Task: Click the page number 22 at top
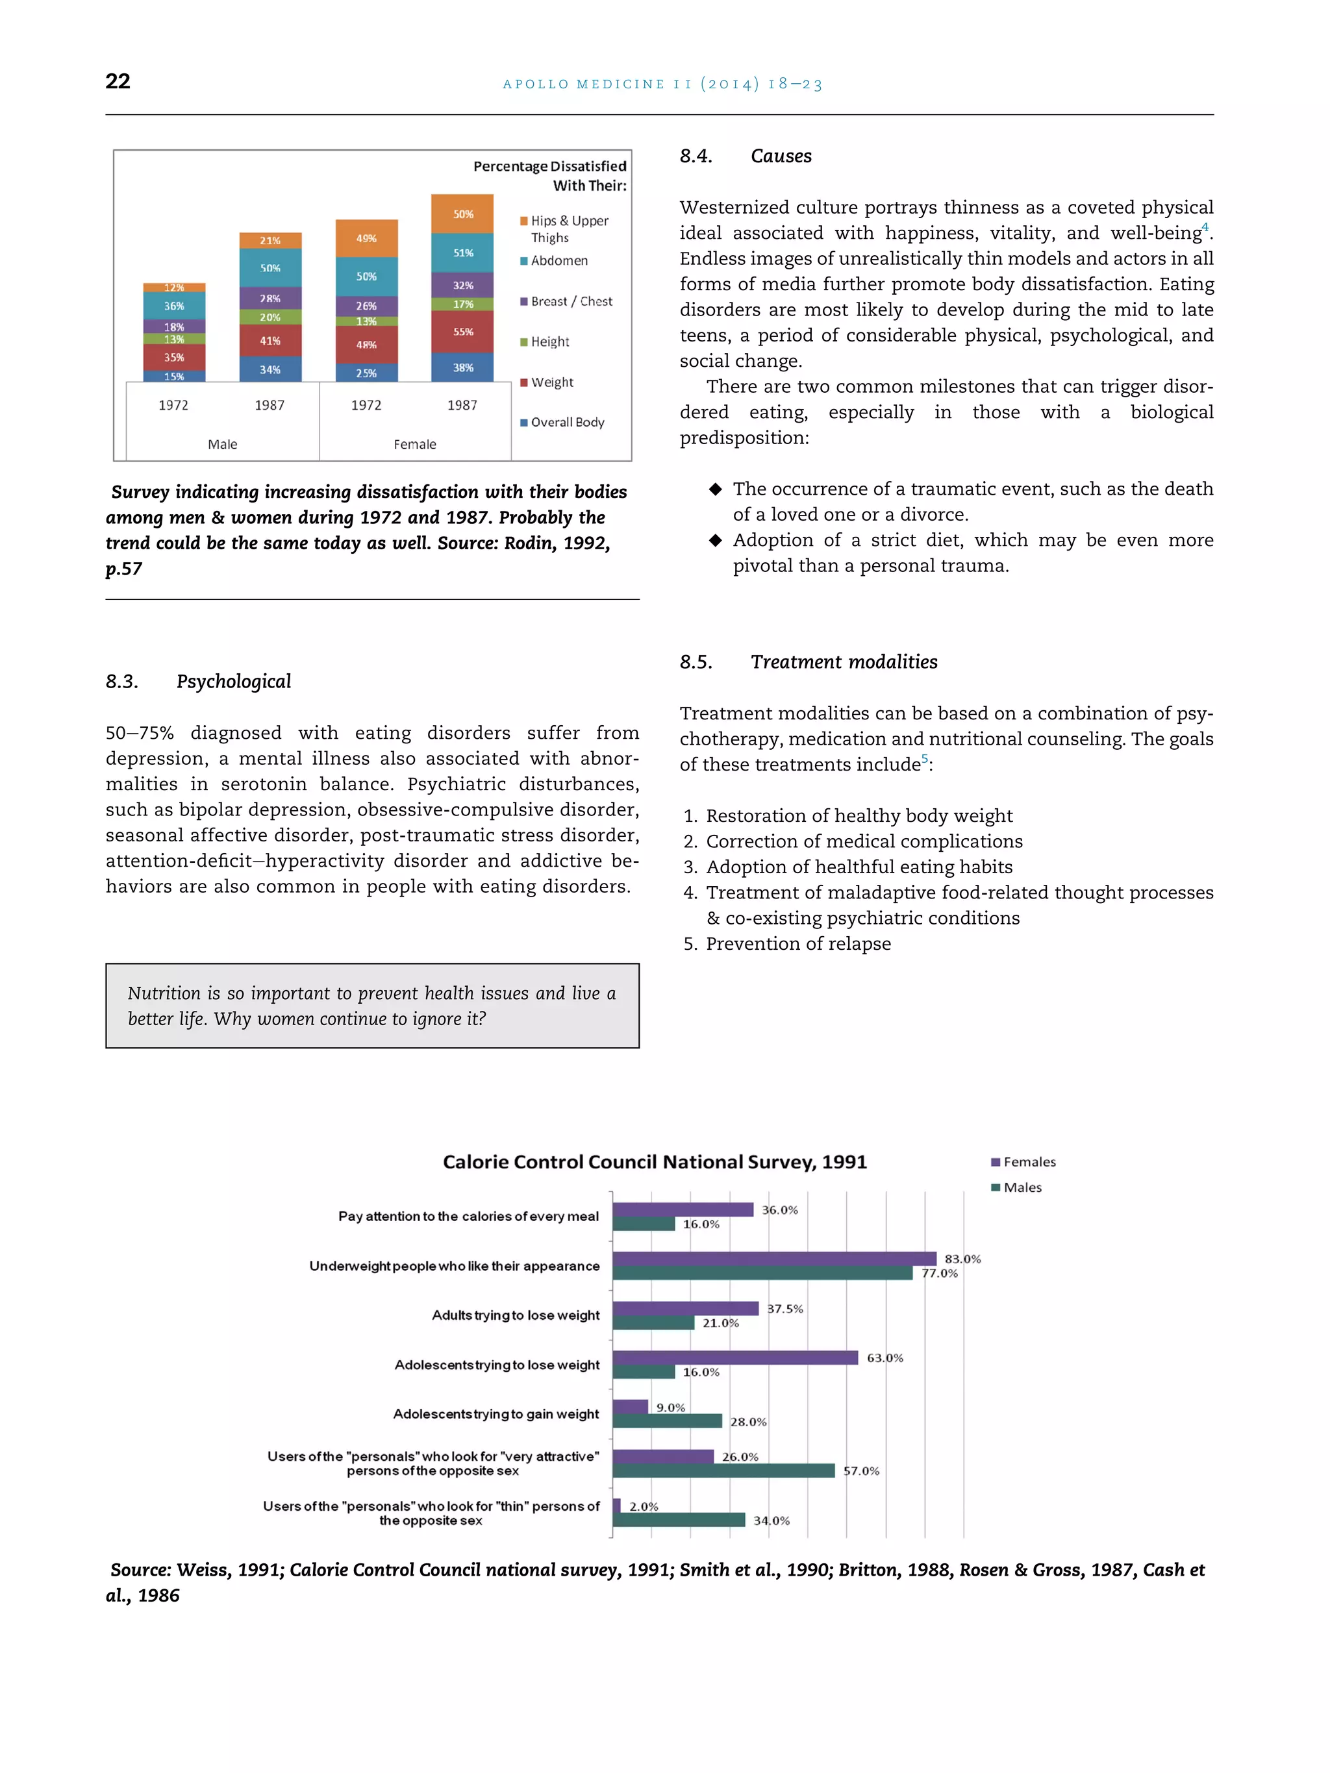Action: coord(118,81)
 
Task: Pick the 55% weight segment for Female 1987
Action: coord(462,332)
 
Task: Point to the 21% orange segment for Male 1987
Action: coord(270,240)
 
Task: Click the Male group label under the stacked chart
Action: coord(222,444)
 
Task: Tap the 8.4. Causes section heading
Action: coord(745,156)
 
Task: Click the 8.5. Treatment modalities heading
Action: coord(808,662)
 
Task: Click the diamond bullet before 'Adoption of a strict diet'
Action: coord(715,540)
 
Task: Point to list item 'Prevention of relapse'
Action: coord(797,943)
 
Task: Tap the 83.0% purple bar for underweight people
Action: coord(773,1258)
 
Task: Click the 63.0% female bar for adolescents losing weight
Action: coord(734,1357)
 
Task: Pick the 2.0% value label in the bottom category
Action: coord(643,1506)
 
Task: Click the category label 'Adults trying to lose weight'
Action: coord(516,1315)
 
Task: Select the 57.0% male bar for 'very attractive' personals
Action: coord(723,1470)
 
